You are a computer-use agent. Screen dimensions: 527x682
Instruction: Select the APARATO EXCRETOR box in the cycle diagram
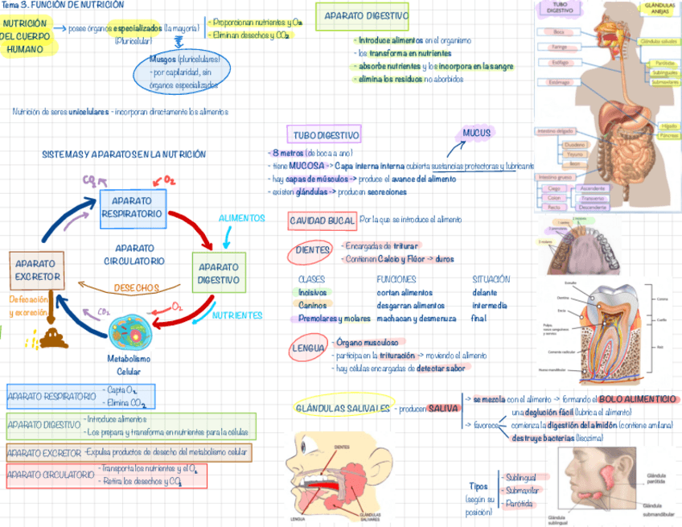(36, 270)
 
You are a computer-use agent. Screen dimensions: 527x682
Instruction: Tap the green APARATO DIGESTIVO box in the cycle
(218, 273)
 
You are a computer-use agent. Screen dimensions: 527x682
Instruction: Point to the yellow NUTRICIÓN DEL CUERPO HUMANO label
(26, 38)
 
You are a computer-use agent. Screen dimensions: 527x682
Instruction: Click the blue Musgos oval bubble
(183, 72)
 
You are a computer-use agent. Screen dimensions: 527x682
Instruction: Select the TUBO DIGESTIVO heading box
(323, 135)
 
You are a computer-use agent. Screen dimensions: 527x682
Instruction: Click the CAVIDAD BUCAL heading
(322, 220)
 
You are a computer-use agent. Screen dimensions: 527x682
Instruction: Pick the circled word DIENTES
(312, 250)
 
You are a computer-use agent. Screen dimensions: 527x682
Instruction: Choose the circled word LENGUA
(309, 348)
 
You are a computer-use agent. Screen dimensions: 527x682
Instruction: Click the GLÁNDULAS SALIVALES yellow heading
(342, 408)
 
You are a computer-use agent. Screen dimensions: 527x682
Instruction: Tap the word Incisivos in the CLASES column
(313, 293)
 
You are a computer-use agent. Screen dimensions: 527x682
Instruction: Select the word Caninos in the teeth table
(313, 306)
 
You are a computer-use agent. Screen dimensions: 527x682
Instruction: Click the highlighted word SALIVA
(443, 408)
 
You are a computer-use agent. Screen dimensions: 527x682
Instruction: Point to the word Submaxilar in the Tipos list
(520, 490)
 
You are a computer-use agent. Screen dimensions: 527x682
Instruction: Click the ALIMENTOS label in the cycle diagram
(241, 219)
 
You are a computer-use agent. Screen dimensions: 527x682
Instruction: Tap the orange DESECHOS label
(136, 287)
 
